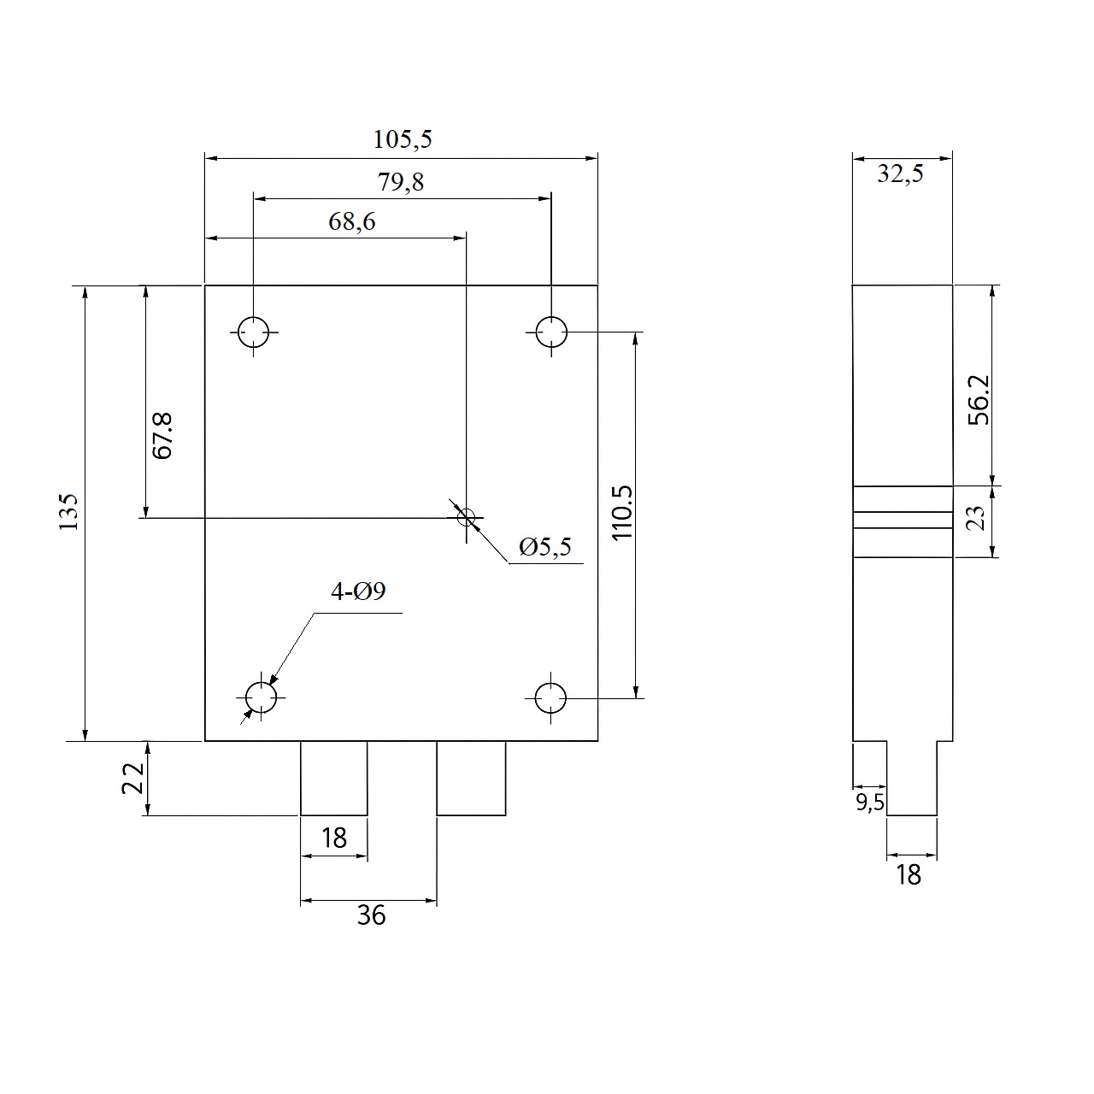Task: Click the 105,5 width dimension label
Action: [x=402, y=139]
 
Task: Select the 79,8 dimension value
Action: [x=401, y=182]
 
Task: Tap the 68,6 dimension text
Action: [x=351, y=221]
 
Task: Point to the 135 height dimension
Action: [x=68, y=511]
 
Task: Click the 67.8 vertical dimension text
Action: [x=162, y=436]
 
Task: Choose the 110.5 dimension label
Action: [x=622, y=513]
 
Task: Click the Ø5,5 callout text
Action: [x=545, y=547]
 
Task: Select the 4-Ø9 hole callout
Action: [x=358, y=591]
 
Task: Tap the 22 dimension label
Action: [x=132, y=778]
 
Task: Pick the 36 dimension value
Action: [x=371, y=915]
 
